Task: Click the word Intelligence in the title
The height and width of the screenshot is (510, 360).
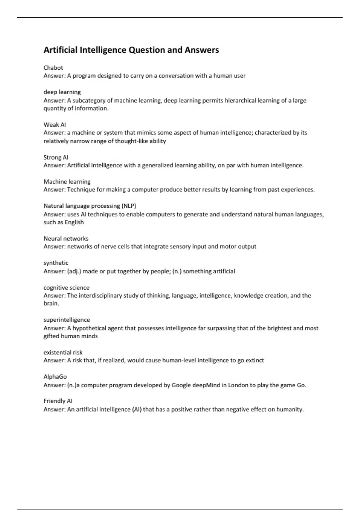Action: point(103,50)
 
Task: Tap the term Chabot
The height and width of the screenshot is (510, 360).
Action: point(53,68)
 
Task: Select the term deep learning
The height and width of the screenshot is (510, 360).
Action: point(62,92)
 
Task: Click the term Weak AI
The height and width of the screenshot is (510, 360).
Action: point(55,124)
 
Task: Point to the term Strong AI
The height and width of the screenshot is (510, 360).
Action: point(56,157)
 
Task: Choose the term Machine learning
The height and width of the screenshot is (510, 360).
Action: point(67,181)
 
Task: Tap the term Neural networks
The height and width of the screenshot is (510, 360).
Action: point(66,238)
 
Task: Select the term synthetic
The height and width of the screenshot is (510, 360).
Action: point(56,263)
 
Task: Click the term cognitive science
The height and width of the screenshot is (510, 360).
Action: point(66,287)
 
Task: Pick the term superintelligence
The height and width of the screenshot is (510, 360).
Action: point(67,320)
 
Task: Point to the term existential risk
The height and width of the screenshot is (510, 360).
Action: point(63,352)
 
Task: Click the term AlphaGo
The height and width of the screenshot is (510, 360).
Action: point(55,377)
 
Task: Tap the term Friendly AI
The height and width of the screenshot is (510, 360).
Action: point(58,401)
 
